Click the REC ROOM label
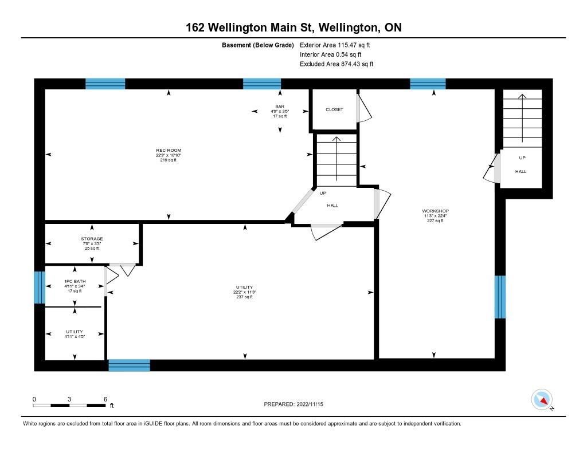pyautogui.click(x=169, y=151)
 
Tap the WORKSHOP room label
pyautogui.click(x=436, y=211)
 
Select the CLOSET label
pyautogui.click(x=334, y=109)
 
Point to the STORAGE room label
pyautogui.click(x=92, y=239)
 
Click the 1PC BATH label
pyautogui.click(x=75, y=281)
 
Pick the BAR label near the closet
pyautogui.click(x=280, y=107)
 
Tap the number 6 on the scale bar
pyautogui.click(x=105, y=399)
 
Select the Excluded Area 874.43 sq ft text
pyautogui.click(x=336, y=64)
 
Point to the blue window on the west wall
pyautogui.click(x=40, y=287)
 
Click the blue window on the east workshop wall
pyautogui.click(x=500, y=297)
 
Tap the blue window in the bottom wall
pyautogui.click(x=129, y=365)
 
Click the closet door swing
pyautogui.click(x=364, y=108)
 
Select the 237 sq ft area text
pyautogui.click(x=244, y=297)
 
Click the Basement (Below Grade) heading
pyautogui.click(x=258, y=45)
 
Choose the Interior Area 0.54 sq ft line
pyautogui.click(x=331, y=54)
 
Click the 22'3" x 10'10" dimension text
pyautogui.click(x=169, y=155)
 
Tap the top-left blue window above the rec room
pyautogui.click(x=105, y=84)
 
